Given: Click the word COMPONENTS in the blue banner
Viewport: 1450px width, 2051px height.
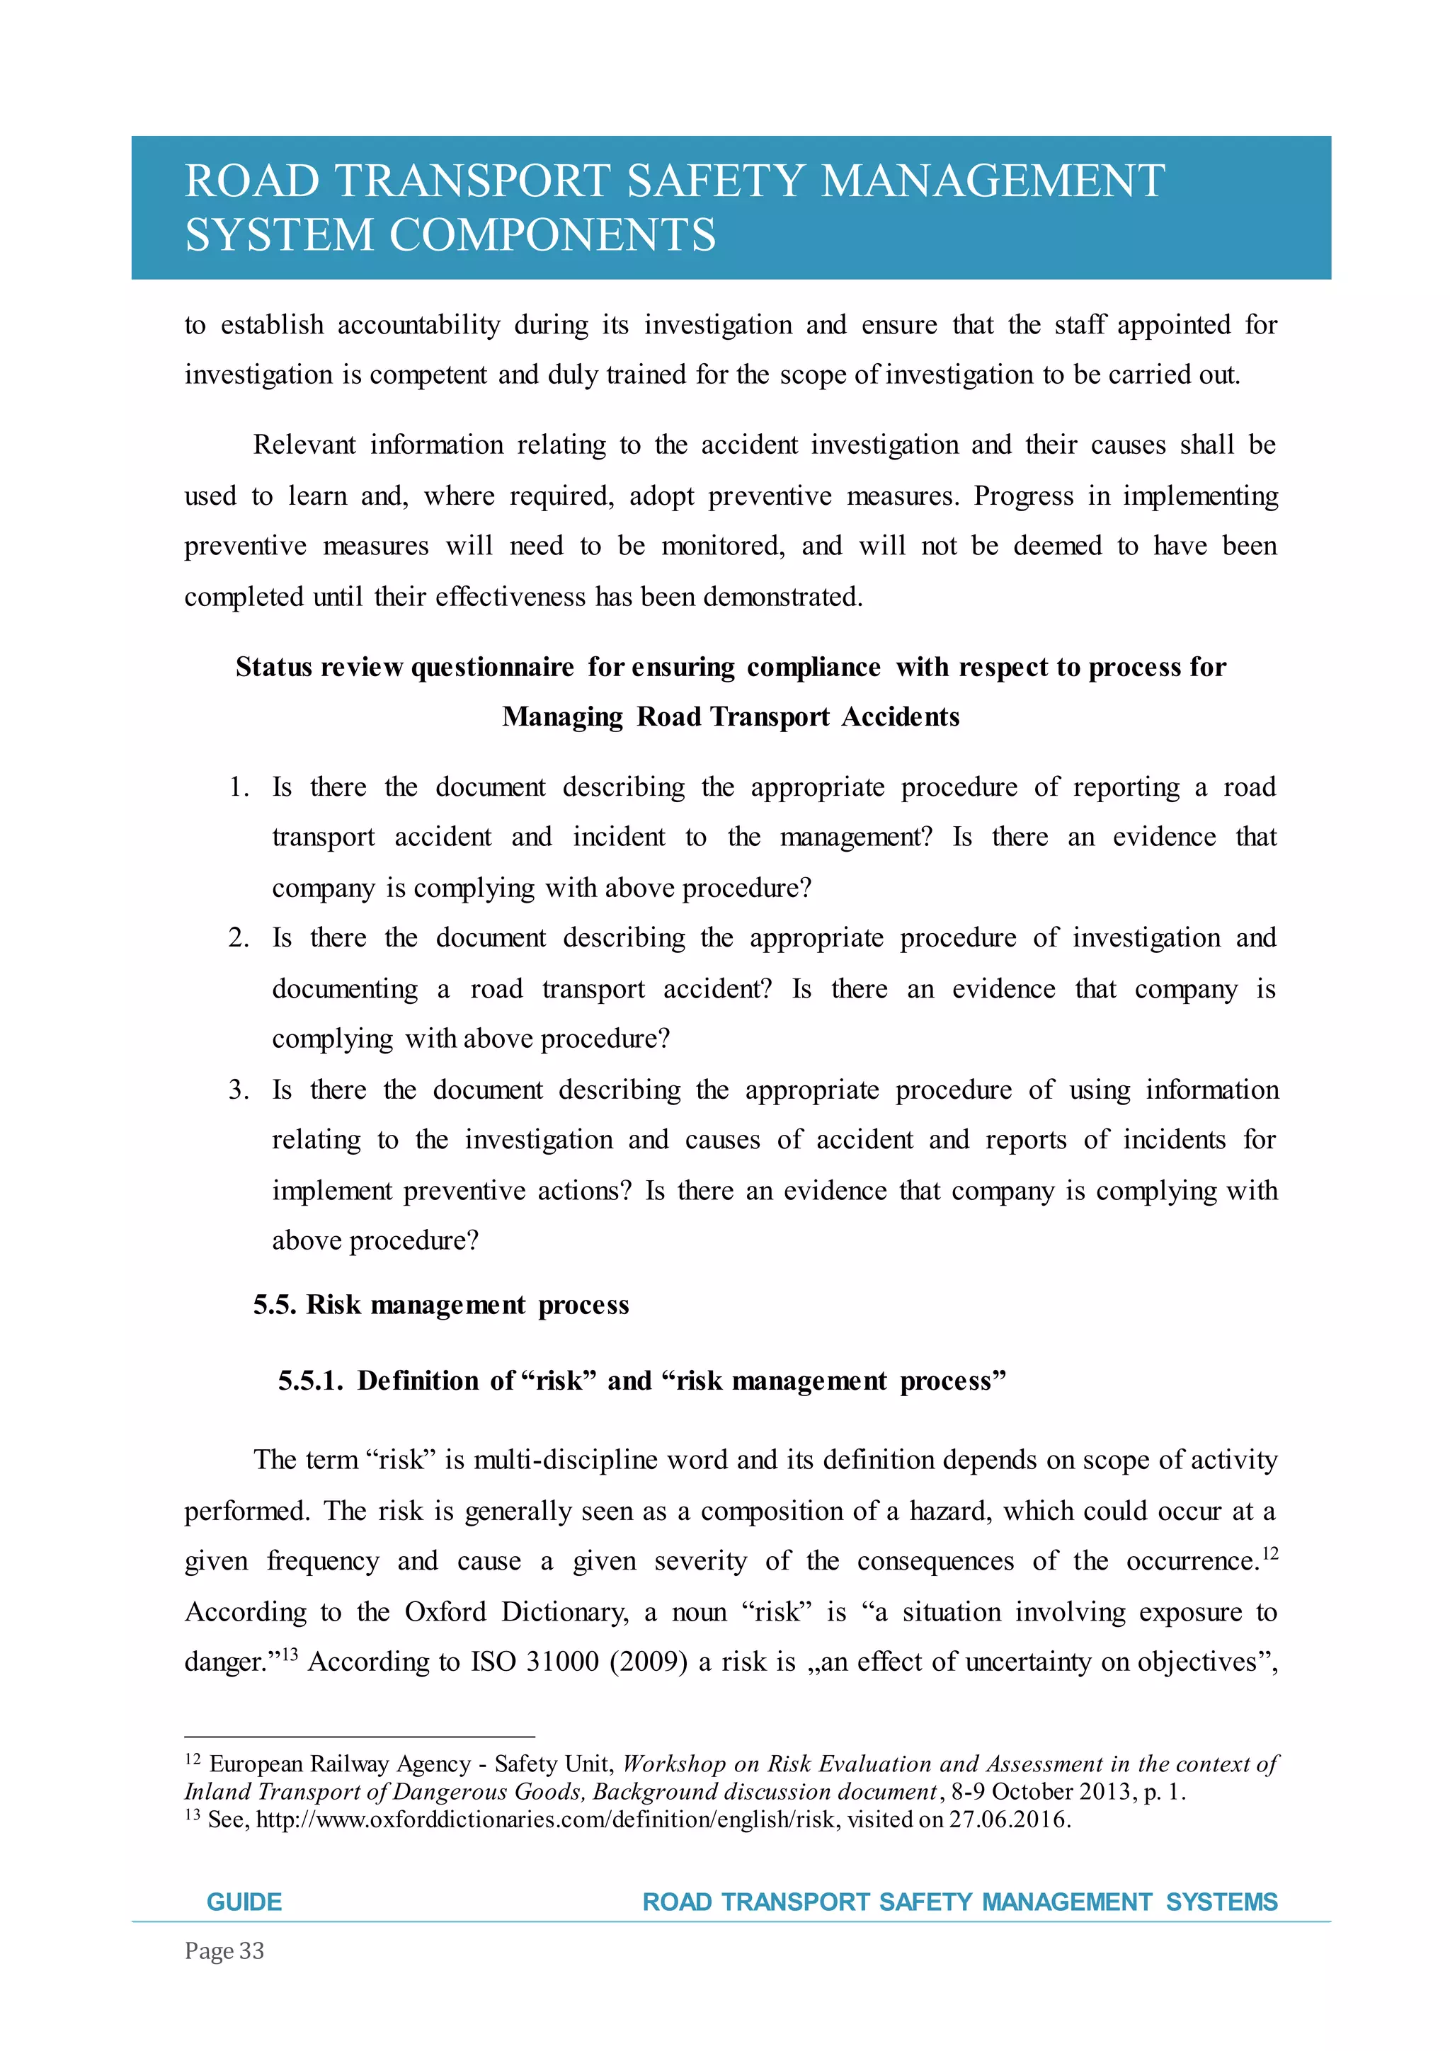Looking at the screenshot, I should [552, 235].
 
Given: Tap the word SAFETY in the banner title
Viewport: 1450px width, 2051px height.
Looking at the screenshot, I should [714, 181].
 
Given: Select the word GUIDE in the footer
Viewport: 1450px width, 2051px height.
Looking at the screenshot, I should [244, 1901].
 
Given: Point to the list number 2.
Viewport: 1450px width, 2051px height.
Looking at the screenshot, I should [239, 938].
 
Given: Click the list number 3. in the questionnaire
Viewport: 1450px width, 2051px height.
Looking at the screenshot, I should [239, 1090].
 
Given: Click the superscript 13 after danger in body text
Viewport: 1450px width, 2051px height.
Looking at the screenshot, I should [290, 1655].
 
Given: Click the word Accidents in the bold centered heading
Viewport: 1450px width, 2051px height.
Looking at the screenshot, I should [901, 716].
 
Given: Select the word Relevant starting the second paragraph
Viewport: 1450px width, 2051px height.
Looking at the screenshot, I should [304, 445].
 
